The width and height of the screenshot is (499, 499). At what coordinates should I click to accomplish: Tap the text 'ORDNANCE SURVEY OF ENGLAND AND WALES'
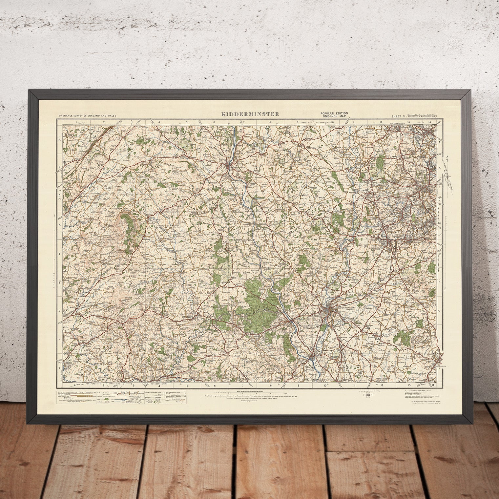[x=88, y=116]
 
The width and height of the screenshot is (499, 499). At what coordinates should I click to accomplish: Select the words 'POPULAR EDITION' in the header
[x=334, y=113]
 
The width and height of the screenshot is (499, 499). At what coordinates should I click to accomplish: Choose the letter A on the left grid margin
[x=60, y=139]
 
